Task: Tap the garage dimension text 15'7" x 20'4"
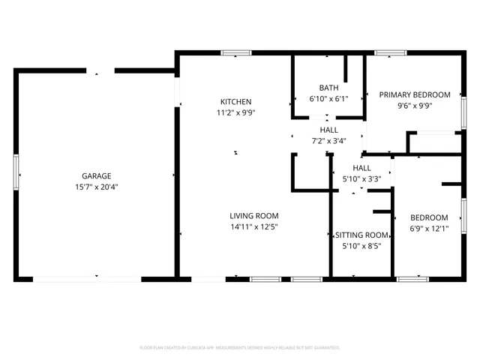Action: point(97,187)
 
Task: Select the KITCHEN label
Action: point(235,102)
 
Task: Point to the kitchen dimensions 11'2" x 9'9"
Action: point(235,113)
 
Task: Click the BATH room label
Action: point(328,87)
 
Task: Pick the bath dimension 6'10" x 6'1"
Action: point(328,98)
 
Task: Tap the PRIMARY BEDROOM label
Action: point(414,94)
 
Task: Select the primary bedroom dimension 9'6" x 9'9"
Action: point(414,106)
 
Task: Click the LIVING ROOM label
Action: point(253,215)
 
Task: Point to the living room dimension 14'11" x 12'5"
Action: point(253,227)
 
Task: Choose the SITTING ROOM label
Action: point(361,234)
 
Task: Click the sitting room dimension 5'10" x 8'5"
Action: point(361,245)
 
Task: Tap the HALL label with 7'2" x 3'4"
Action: point(328,130)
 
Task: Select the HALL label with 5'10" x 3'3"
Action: point(361,168)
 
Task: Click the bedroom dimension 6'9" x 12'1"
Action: point(429,229)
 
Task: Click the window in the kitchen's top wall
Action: point(235,52)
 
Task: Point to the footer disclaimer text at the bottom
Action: point(240,348)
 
